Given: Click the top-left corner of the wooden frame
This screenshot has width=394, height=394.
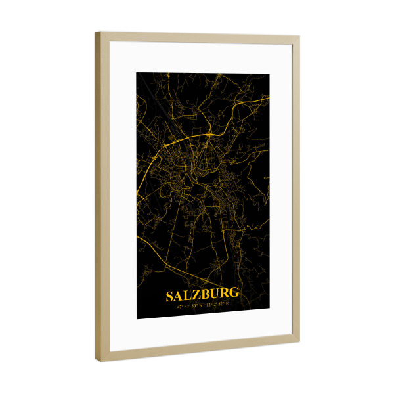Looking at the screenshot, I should pyautogui.click(x=96, y=33).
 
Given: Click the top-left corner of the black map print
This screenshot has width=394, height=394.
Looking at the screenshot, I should pyautogui.click(x=137, y=72).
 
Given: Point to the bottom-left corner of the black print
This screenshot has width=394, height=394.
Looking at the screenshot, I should pyautogui.click(x=137, y=319).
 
